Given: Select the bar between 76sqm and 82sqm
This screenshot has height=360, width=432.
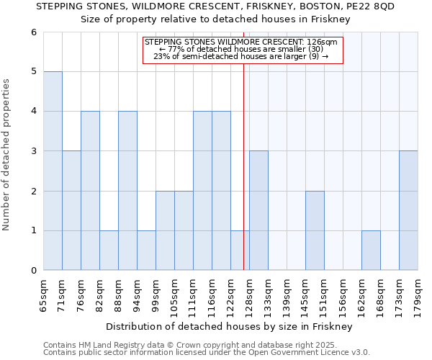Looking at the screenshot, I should click(x=90, y=191).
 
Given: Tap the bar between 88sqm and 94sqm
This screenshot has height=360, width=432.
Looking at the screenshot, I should click(x=127, y=191).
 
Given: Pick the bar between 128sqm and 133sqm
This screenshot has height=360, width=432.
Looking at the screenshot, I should click(x=258, y=210).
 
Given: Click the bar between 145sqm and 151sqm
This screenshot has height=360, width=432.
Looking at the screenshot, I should click(x=315, y=230).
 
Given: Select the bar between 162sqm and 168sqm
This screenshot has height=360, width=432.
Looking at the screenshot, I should click(x=371, y=251).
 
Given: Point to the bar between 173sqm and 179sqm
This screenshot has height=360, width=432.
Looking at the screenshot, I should click(x=408, y=210).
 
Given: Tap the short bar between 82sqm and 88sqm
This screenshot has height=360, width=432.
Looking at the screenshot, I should click(x=109, y=251).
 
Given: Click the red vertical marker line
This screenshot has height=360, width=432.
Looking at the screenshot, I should click(x=243, y=166).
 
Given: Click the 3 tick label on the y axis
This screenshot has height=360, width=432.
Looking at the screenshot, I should click(x=33, y=151).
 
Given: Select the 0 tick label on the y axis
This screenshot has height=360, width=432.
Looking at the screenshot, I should click(x=33, y=271).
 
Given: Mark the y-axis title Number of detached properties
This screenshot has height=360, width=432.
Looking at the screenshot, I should click(x=6, y=156).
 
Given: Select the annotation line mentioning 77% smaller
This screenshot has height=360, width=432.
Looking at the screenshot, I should click(x=241, y=49).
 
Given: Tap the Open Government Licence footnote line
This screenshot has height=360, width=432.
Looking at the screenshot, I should click(x=207, y=353).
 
